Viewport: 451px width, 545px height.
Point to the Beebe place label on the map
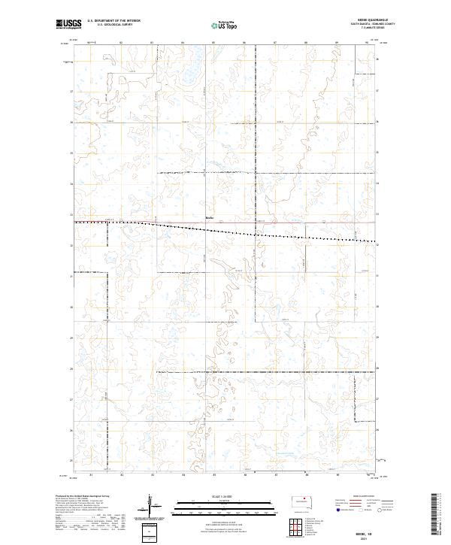point(210,219)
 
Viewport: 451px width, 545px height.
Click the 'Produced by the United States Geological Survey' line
point(79,496)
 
